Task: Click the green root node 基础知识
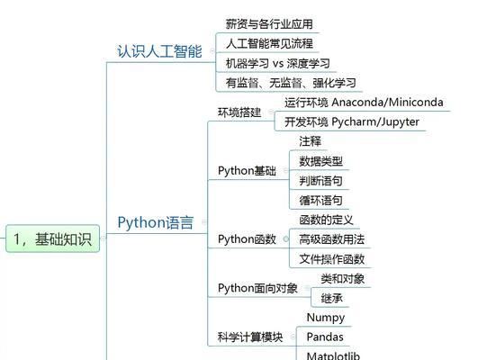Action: (x=53, y=238)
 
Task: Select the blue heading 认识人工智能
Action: (x=159, y=51)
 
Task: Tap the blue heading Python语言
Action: (x=156, y=222)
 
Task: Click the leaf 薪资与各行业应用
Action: (x=269, y=24)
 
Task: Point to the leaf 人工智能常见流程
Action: (x=269, y=43)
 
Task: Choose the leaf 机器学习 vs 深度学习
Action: (x=278, y=63)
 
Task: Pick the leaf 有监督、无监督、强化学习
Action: (x=291, y=83)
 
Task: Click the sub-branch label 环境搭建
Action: (x=239, y=112)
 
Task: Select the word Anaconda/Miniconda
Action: (x=387, y=102)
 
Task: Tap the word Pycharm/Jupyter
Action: (x=375, y=121)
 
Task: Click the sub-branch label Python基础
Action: (x=247, y=171)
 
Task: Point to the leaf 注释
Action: (x=310, y=141)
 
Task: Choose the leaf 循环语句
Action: (x=320, y=201)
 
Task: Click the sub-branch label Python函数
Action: (x=247, y=239)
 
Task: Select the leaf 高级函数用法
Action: (x=331, y=239)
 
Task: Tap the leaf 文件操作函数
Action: (x=331, y=259)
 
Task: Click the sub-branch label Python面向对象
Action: (x=257, y=288)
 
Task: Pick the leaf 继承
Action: (x=331, y=298)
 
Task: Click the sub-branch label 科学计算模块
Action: (x=250, y=337)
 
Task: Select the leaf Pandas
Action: (x=325, y=337)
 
